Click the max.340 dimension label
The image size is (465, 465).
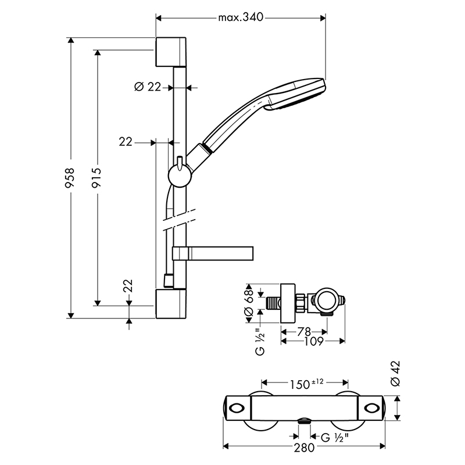pyautogui.click(x=241, y=17)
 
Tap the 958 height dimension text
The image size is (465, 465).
pyautogui.click(x=70, y=178)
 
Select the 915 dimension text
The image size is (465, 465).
pyautogui.click(x=96, y=177)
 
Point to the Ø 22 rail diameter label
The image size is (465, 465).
pyautogui.click(x=148, y=87)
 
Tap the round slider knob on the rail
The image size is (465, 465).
pyautogui.click(x=180, y=176)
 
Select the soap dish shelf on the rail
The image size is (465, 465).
pyautogui.click(x=213, y=253)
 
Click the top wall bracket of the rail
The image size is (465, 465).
pyautogui.click(x=171, y=52)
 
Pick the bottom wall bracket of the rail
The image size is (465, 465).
pyautogui.click(x=171, y=303)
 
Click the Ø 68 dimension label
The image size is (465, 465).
pyautogui.click(x=249, y=303)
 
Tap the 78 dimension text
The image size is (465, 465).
pyautogui.click(x=303, y=332)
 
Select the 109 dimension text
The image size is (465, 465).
pyautogui.click(x=314, y=342)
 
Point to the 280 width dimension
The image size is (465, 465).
pyautogui.click(x=304, y=448)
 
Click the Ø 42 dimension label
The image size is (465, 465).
pyautogui.click(x=396, y=374)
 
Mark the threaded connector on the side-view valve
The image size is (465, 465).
pyautogui.click(x=273, y=303)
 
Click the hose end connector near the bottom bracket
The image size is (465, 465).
pyautogui.click(x=169, y=281)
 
